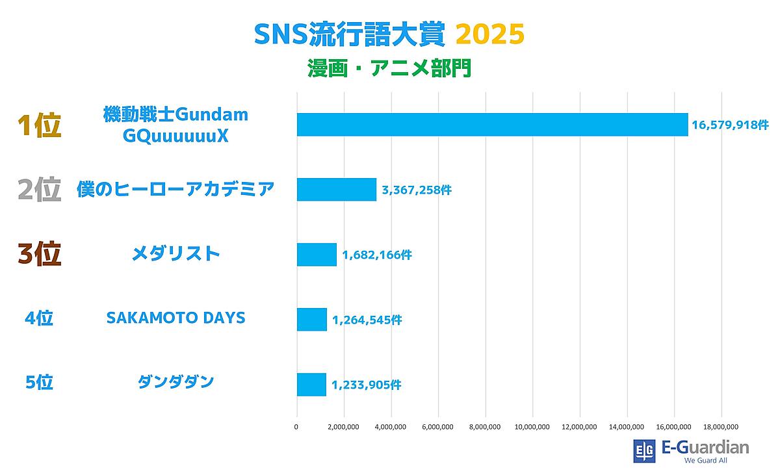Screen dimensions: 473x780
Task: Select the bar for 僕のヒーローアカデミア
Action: [337, 189]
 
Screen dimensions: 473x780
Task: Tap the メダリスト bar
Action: [317, 254]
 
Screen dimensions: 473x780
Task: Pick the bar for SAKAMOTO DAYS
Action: [312, 319]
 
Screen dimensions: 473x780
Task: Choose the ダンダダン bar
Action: [311, 384]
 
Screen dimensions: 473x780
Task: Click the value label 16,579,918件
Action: [730, 125]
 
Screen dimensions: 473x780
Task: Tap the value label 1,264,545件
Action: [367, 320]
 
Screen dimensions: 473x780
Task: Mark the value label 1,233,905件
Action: [366, 385]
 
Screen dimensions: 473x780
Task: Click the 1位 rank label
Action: [39, 125]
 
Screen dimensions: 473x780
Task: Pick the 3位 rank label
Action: [39, 254]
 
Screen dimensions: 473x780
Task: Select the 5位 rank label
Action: [39, 383]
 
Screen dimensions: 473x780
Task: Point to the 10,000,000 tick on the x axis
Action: [532, 427]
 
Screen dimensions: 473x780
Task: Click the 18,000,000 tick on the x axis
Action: [721, 427]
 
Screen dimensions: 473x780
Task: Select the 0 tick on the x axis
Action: [297, 427]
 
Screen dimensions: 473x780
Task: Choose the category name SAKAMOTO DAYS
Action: [175, 318]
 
